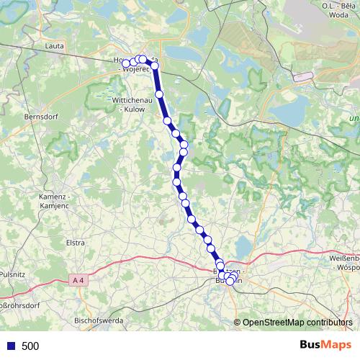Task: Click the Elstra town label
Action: pos(76,243)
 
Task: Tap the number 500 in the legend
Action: pos(30,346)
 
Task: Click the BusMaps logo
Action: pos(323,346)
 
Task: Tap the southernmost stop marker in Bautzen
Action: pos(230,282)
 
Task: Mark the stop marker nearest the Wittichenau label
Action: pos(160,94)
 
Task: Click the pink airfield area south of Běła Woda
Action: pos(302,76)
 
